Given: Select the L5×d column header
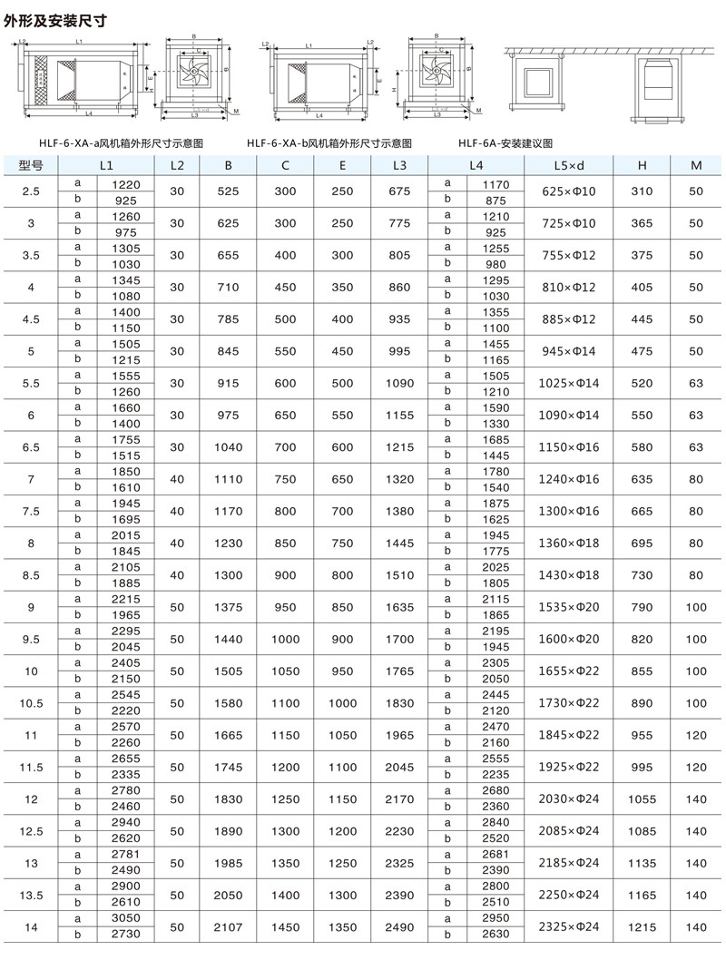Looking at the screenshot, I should coord(569,166).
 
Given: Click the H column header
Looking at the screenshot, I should coord(642,166).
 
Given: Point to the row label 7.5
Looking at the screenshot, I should coord(30,511).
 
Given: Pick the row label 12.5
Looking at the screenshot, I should coord(30,830).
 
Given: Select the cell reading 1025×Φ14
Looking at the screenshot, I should coord(569,384).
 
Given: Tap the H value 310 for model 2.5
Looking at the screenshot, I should coord(642,191).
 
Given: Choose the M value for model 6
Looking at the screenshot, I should coord(696,416).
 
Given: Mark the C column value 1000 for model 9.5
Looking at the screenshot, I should coord(285,639).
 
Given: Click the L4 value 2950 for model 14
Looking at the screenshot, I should coord(496,918).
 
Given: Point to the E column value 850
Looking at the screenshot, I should coord(342,607).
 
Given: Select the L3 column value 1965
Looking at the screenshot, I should coord(400,735).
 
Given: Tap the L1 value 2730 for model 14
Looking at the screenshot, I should coord(125,934).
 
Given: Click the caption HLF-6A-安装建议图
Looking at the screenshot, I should coord(505,143).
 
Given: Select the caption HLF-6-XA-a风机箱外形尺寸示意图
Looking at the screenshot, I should coord(120,143).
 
